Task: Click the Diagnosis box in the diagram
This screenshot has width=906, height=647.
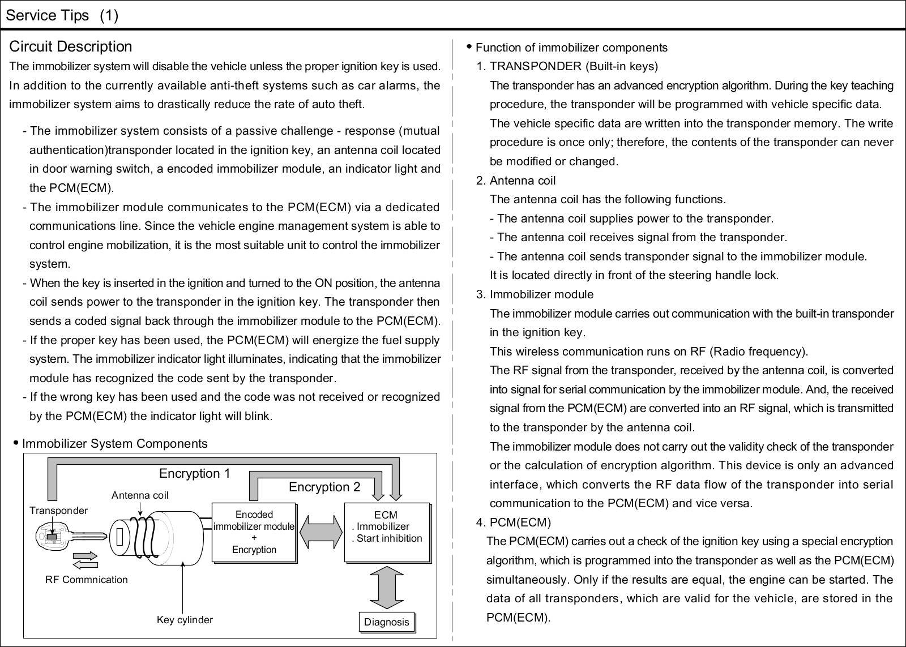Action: pos(387,622)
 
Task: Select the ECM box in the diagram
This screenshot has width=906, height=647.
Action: pos(387,532)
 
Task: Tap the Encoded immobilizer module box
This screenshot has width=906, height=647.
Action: pos(254,532)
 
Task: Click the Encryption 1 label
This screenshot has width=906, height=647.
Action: pos(194,473)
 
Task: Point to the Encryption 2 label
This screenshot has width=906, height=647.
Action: pos(324,487)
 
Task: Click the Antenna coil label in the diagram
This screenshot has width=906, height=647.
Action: pos(140,495)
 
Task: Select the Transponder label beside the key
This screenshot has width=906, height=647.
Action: pos(58,511)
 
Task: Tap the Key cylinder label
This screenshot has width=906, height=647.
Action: pos(185,620)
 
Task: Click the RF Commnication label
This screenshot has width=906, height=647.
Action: pos(87,580)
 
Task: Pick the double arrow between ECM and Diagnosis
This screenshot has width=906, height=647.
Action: pos(387,587)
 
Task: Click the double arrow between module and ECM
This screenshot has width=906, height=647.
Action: pos(320,533)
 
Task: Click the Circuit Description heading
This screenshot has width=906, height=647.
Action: pos(71,46)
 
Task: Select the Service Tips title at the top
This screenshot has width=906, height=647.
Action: pos(62,15)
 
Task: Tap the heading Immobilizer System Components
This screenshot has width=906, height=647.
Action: pos(114,444)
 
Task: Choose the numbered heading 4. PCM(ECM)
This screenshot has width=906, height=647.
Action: pos(513,522)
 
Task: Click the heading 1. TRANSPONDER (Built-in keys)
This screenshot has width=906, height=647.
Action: pos(567,66)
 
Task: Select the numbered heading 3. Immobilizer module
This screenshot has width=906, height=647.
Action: pos(535,294)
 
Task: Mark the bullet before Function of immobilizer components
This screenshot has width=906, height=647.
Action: pos(469,46)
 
